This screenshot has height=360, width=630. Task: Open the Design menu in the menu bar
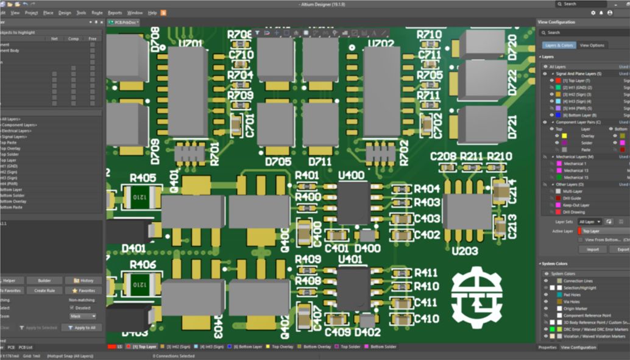click(x=65, y=12)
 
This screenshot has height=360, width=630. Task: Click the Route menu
click(x=97, y=12)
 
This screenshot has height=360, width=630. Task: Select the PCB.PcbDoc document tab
click(x=124, y=22)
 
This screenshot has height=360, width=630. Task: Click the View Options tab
click(x=592, y=45)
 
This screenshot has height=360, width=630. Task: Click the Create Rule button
click(x=44, y=291)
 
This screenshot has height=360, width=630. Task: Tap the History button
click(x=83, y=281)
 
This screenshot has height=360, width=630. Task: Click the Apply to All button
click(x=83, y=328)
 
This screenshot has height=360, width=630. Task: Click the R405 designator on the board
click(x=143, y=178)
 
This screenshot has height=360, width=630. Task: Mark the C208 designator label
click(x=443, y=157)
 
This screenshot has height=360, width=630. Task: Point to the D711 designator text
click(x=319, y=161)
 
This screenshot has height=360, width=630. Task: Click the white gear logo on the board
click(x=476, y=297)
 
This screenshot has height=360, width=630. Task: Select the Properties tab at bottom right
click(x=547, y=347)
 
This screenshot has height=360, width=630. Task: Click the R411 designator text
click(x=426, y=272)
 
